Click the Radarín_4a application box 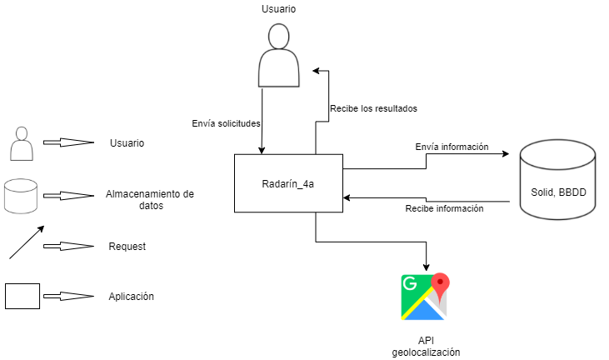(288, 182)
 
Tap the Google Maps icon (424, 297)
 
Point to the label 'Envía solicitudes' (227, 123)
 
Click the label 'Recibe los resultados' (373, 108)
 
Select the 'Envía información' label (452, 147)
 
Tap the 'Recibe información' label (444, 208)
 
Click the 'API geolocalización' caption (426, 347)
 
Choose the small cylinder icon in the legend (21, 194)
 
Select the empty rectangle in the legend (22, 296)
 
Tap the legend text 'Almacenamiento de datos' (150, 199)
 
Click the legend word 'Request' (127, 247)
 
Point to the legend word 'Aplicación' (131, 297)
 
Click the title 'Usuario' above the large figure (278, 9)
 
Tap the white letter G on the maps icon (409, 283)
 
